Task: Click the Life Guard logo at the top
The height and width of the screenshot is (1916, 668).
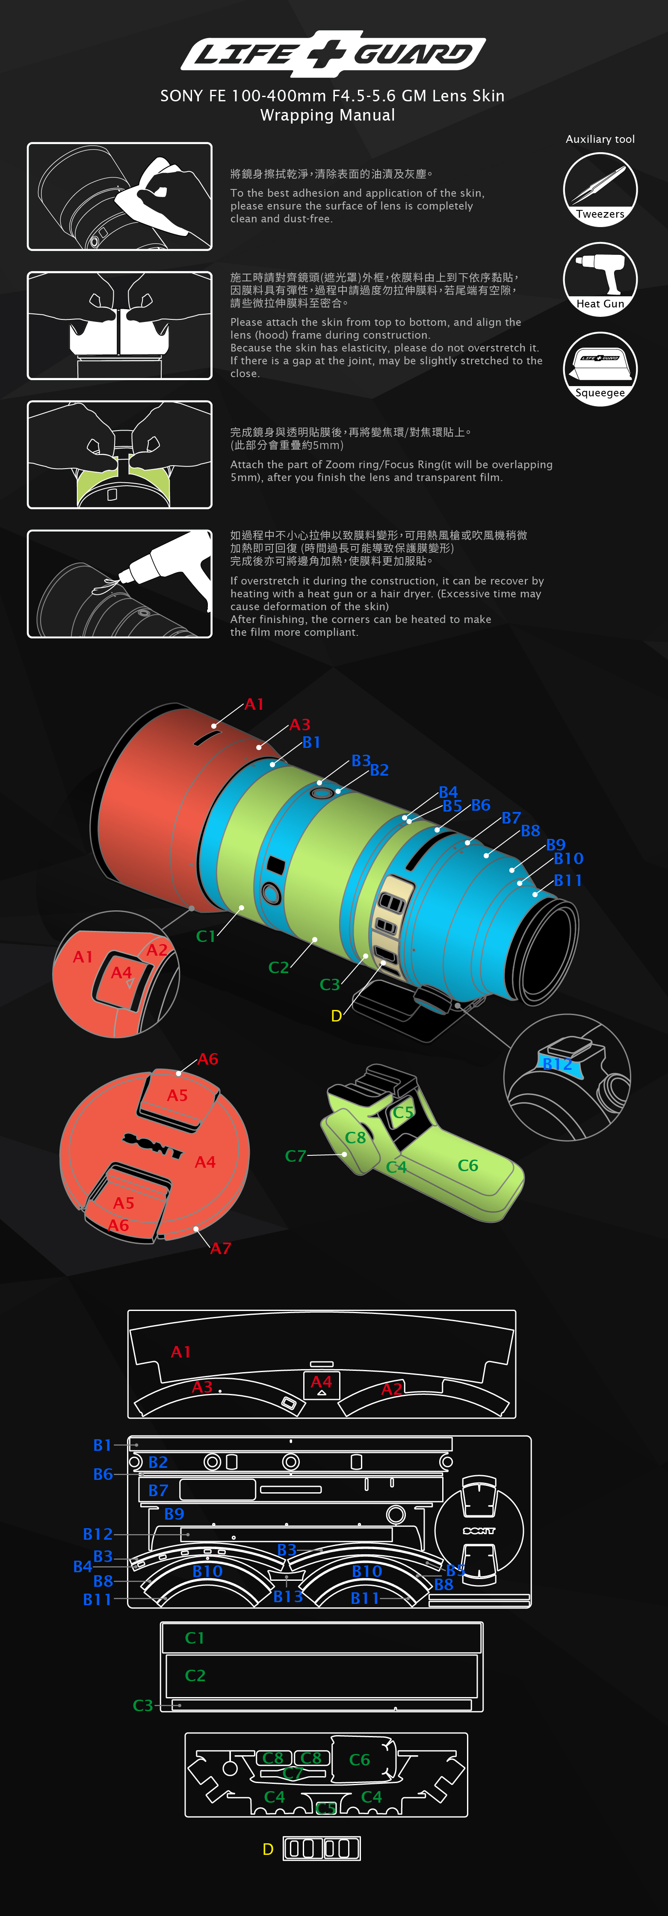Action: coord(333,53)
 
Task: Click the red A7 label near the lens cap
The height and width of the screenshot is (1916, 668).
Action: coord(221,1248)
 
